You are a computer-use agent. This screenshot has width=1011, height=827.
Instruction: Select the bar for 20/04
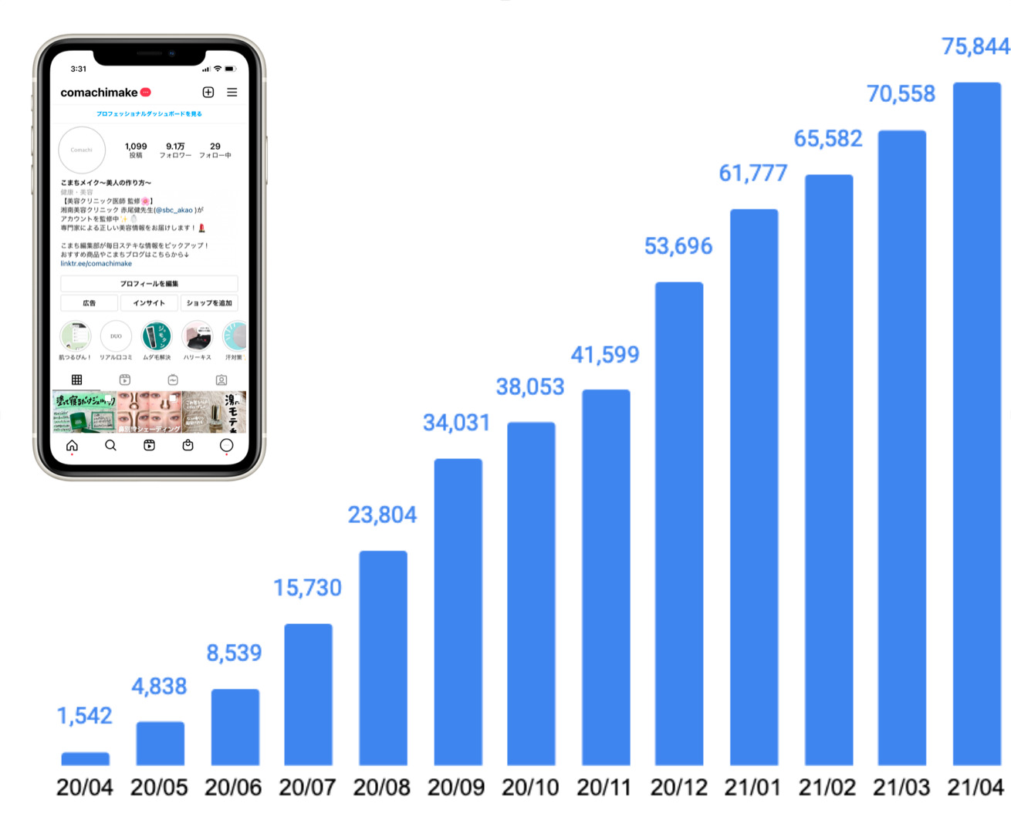click(85, 758)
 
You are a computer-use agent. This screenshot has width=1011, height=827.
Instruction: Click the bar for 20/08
click(383, 657)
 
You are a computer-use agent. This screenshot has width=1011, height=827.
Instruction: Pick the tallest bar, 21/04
click(976, 424)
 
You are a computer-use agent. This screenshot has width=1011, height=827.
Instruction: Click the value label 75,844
click(975, 47)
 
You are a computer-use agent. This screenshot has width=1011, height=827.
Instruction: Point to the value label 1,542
click(85, 716)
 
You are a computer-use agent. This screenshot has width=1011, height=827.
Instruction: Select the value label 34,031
click(456, 423)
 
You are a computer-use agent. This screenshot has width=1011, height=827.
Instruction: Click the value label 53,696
click(678, 246)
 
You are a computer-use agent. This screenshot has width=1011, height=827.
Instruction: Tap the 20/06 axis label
click(233, 788)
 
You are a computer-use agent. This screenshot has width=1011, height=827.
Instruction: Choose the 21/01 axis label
click(752, 788)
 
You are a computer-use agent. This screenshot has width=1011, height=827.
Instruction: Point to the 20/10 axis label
click(530, 788)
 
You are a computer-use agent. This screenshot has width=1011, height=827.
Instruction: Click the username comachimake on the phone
click(99, 93)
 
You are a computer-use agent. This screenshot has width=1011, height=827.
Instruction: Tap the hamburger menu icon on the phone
click(232, 93)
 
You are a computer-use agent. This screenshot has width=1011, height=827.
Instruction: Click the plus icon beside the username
click(208, 93)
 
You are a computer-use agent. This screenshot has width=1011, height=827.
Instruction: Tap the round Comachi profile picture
click(82, 150)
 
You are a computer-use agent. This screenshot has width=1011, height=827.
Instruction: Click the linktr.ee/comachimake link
click(96, 264)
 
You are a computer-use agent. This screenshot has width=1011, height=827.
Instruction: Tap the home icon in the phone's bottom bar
click(72, 446)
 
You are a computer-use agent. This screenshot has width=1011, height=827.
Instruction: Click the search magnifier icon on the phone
click(110, 446)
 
